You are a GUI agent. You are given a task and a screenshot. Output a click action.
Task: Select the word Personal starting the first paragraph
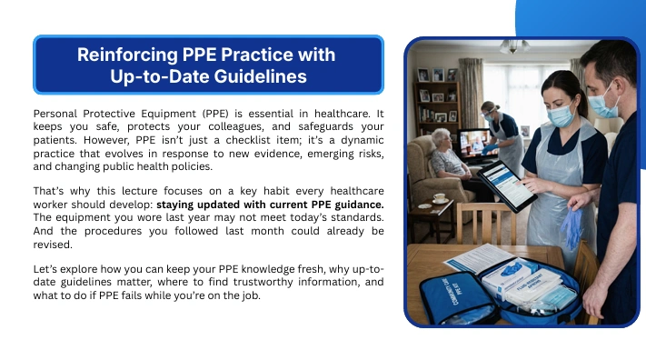[x=55, y=114]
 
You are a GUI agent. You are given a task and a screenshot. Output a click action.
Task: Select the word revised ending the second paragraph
[x=53, y=245]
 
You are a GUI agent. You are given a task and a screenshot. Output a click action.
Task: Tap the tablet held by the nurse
[x=506, y=185]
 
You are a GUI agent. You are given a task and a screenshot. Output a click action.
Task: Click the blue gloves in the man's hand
[x=571, y=228]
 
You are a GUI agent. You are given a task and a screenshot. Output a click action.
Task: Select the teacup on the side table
[x=439, y=198]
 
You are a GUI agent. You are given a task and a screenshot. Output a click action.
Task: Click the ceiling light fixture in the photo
[x=513, y=46]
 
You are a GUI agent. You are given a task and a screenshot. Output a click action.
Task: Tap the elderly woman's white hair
[x=440, y=137]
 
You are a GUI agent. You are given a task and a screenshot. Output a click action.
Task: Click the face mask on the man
[x=602, y=103]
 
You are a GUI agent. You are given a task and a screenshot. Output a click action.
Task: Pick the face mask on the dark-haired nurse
[x=561, y=115]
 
